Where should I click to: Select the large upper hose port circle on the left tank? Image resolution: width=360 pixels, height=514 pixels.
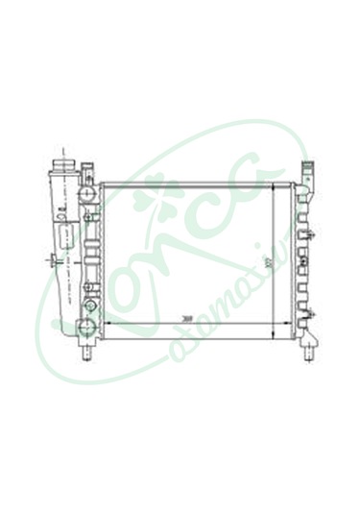88,193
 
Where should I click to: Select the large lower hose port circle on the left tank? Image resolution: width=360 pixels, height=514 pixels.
88,329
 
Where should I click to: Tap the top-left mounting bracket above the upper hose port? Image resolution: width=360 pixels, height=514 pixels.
89,171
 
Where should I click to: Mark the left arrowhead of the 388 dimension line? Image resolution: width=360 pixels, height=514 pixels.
106,324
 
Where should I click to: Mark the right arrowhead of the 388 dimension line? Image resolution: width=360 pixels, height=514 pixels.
272,324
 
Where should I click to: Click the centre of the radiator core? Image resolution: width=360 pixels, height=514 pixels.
188,259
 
